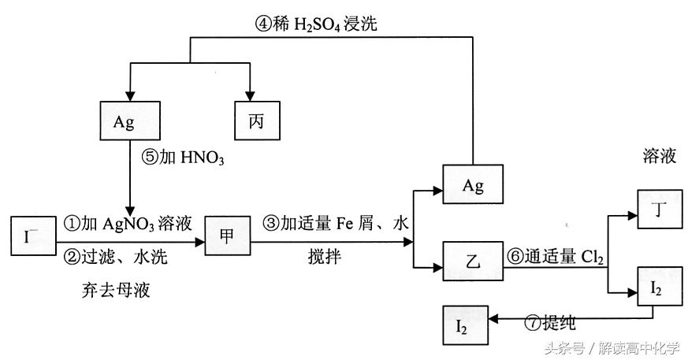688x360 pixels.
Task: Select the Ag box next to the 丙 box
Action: pyautogui.click(x=129, y=123)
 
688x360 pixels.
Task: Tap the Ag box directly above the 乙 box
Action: pyautogui.click(x=472, y=186)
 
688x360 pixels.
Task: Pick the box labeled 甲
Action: pyautogui.click(x=226, y=236)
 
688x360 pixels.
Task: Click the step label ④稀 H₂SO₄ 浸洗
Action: pyautogui.click(x=315, y=24)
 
